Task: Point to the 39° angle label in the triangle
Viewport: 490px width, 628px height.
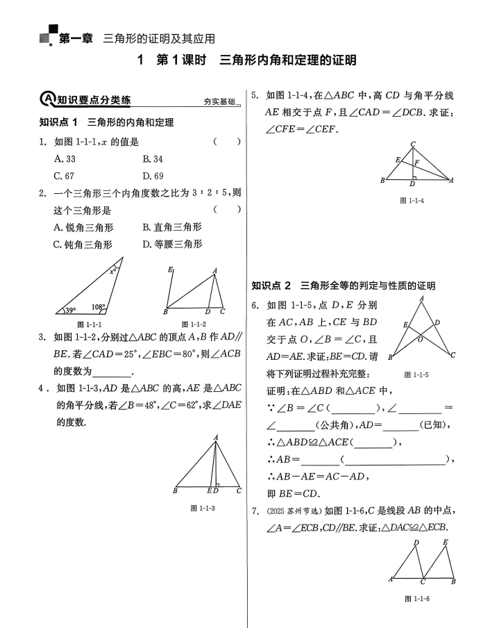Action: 70,311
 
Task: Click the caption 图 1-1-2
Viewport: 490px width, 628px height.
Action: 194,324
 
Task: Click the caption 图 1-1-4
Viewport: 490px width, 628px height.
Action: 412,200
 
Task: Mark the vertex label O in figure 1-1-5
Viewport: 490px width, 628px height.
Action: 420,340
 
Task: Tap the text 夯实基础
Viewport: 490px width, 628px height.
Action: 218,101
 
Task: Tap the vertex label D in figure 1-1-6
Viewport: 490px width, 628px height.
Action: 416,543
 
